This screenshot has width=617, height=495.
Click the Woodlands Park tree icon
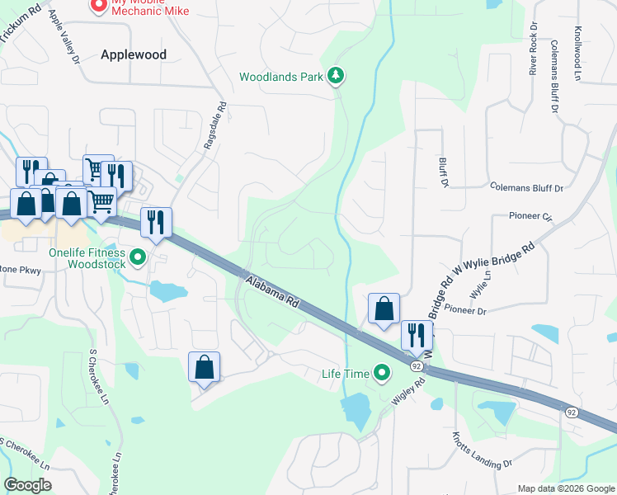[x=336, y=77]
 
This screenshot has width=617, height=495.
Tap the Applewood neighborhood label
[x=134, y=54]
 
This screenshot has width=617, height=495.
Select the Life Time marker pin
[x=381, y=374]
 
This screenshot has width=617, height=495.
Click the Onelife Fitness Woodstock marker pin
[x=139, y=258]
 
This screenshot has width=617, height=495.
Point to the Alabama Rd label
[x=271, y=291]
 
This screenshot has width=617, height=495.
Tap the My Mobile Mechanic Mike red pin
[x=97, y=7]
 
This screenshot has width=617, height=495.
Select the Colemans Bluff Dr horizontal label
[x=525, y=188]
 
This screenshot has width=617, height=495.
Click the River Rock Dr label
[x=533, y=54]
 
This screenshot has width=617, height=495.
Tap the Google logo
[x=27, y=485]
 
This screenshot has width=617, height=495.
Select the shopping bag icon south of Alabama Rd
[x=205, y=366]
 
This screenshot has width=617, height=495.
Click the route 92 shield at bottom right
[x=571, y=411]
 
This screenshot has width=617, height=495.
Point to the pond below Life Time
[x=355, y=409]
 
